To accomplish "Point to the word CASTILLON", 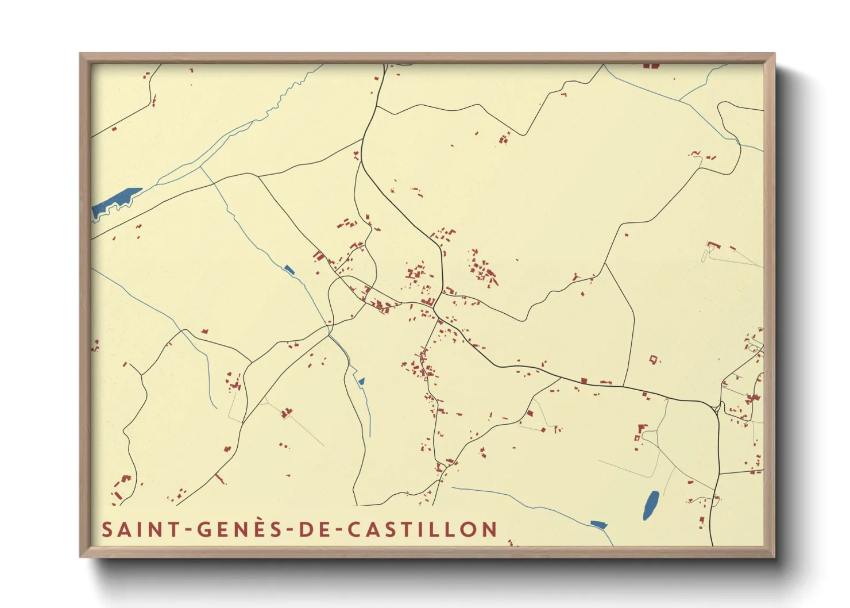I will click(422, 529).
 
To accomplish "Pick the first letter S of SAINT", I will click(107, 529).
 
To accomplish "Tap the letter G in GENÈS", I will click(205, 529).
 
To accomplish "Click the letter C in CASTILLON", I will click(355, 529).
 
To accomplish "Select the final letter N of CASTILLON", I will click(489, 529).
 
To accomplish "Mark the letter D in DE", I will click(305, 529).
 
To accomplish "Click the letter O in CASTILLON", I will click(472, 529).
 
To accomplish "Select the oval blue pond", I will click(651, 505).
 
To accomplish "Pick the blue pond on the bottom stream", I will click(598, 524).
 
